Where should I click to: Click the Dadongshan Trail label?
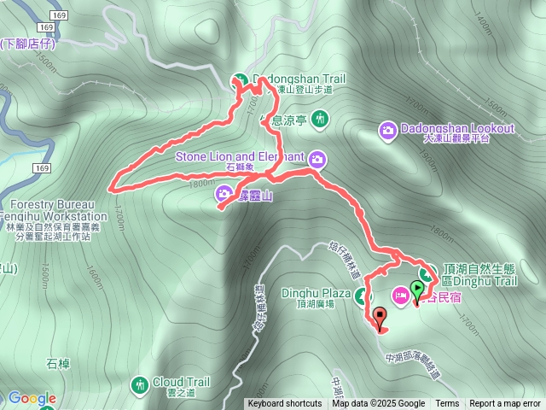click(298, 79)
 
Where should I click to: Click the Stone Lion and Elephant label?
click(240, 157)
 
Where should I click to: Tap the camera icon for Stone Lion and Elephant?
click(317, 158)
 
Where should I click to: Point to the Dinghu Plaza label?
click(317, 294)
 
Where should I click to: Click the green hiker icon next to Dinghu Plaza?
click(363, 296)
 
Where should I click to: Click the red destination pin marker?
click(380, 319)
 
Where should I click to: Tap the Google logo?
click(32, 398)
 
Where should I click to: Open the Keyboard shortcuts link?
click(285, 404)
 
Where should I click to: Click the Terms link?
click(447, 404)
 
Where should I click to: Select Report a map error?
click(505, 404)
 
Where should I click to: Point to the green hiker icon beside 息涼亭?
click(320, 118)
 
